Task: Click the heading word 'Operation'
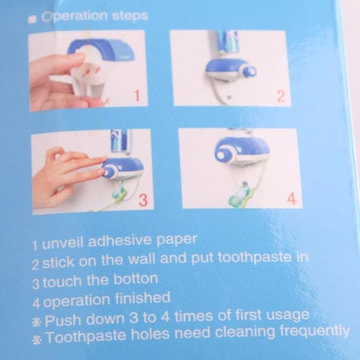pos(74,17)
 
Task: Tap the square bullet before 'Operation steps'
pos(31,19)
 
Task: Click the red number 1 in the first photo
pos(137,96)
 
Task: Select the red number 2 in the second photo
pos(281,96)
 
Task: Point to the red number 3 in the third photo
pos(143,200)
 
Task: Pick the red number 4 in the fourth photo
pos(292,199)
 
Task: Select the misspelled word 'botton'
pos(135,279)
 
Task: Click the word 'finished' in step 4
pos(143,298)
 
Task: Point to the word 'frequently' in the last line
pos(315,331)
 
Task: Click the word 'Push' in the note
pos(63,320)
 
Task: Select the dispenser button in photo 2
pos(250,71)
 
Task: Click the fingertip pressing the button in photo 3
pos(102,171)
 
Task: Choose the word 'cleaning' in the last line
pos(245,332)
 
